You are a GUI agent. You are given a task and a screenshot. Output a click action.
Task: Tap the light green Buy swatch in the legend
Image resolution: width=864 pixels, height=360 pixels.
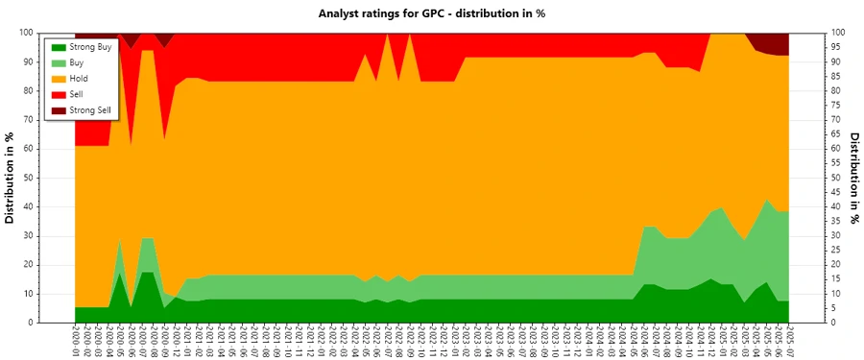[x=58, y=62]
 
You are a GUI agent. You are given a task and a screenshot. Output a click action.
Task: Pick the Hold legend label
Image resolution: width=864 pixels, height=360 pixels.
[x=80, y=78]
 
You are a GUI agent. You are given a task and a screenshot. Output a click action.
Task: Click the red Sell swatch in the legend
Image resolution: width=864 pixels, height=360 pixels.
[x=58, y=94]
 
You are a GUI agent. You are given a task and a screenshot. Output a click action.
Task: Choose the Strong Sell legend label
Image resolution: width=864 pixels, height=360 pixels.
[x=91, y=110]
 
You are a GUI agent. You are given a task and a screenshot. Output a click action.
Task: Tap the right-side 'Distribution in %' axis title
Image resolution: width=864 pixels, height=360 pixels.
[x=852, y=178]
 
